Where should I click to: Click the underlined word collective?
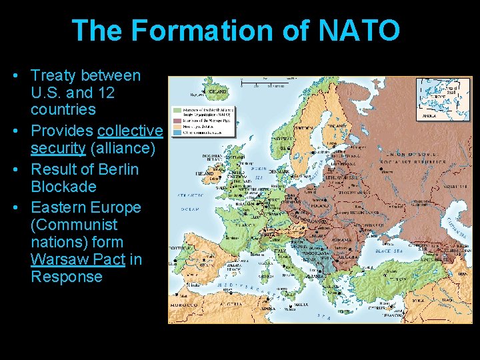(x=130, y=131)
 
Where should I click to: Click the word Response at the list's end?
(x=67, y=276)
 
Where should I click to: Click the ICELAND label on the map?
(x=217, y=91)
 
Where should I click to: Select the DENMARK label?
(x=278, y=171)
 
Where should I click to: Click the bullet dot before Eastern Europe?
(x=15, y=207)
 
